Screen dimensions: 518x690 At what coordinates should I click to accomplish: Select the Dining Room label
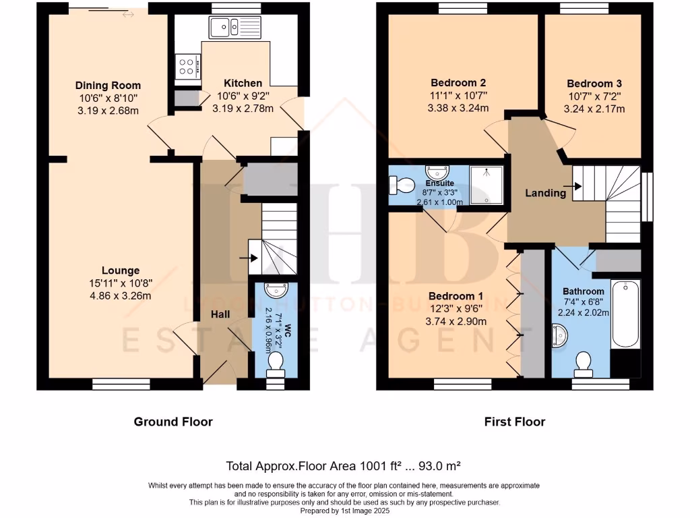coord(108,86)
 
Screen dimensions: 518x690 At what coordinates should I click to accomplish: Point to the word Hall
coord(220,314)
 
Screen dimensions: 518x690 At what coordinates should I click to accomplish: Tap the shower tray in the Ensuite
coord(489,184)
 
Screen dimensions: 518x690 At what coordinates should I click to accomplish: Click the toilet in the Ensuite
coord(399,185)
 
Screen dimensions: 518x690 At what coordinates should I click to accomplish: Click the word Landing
coord(545,193)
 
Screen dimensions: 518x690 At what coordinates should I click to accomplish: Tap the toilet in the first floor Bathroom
coord(582,364)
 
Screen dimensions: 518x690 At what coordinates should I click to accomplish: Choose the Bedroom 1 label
coord(458,296)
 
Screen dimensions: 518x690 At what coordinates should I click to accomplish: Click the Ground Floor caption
coord(173,422)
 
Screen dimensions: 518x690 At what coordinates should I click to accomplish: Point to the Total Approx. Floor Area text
coord(344,466)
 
